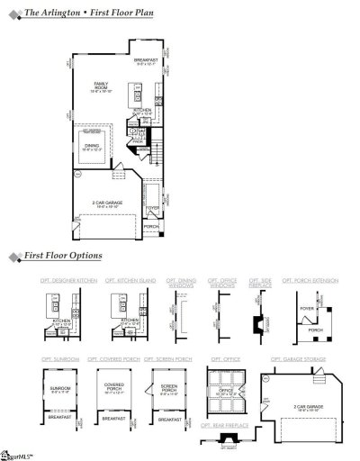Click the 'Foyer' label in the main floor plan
click(153, 207)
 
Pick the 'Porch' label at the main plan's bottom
click(152, 226)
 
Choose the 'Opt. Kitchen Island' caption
click(136, 282)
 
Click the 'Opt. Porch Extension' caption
click(310, 282)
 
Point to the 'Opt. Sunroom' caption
click(60, 359)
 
